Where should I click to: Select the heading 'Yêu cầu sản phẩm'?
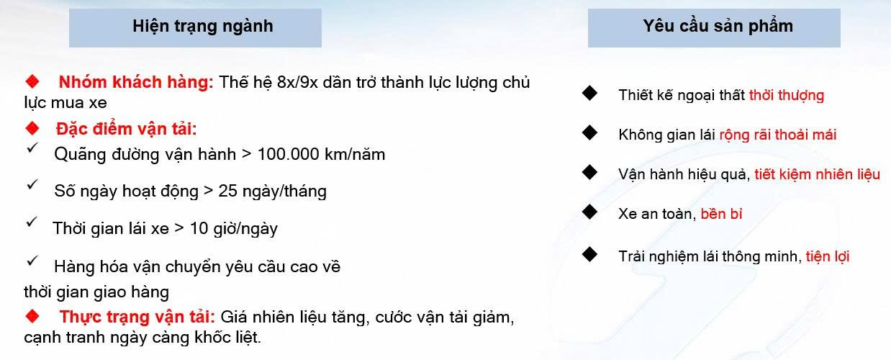(718, 26)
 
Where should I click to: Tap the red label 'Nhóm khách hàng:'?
(136, 82)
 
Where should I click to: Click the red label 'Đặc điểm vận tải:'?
(127, 129)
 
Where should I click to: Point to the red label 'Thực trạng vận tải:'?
(137, 317)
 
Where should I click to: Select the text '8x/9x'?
(297, 82)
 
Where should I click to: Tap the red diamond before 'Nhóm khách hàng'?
(32, 81)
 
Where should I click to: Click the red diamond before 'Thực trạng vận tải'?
(32, 316)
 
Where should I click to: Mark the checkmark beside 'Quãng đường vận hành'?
(32, 148)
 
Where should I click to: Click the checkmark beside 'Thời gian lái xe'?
(32, 222)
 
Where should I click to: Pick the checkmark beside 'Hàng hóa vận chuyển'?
(32, 260)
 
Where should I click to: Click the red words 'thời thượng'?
(787, 96)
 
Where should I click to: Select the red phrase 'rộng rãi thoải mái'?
(778, 135)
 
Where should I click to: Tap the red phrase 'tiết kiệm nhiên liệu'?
(817, 174)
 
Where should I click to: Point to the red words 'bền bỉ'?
(721, 214)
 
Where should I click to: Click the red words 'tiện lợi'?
(828, 256)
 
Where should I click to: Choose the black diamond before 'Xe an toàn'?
(589, 212)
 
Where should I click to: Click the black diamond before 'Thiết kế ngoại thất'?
(589, 93)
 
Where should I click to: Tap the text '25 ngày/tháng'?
(273, 192)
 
